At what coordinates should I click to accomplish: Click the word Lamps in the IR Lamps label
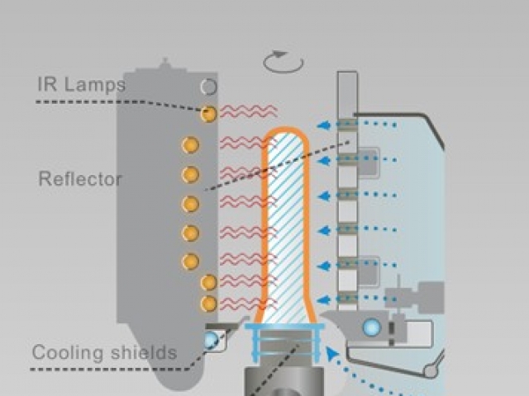click(94, 84)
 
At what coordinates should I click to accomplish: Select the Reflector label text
click(80, 178)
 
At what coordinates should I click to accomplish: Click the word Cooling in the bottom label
click(68, 353)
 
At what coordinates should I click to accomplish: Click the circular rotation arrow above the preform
click(284, 62)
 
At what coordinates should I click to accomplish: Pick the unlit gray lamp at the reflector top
click(208, 87)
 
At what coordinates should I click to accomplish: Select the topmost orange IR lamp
click(208, 114)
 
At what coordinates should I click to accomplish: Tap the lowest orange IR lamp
click(208, 304)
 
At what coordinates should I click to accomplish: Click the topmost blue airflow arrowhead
click(324, 125)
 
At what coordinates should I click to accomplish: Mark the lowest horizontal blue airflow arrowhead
click(324, 299)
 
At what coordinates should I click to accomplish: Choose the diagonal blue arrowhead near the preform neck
click(332, 354)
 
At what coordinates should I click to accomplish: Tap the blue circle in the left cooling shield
click(212, 339)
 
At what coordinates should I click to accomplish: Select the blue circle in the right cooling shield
click(372, 327)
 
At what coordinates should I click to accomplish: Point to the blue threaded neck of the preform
click(284, 343)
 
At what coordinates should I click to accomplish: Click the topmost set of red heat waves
click(249, 111)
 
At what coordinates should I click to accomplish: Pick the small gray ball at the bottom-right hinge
click(431, 371)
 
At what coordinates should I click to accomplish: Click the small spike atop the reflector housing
click(165, 63)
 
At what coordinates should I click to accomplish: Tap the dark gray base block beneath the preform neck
click(284, 381)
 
